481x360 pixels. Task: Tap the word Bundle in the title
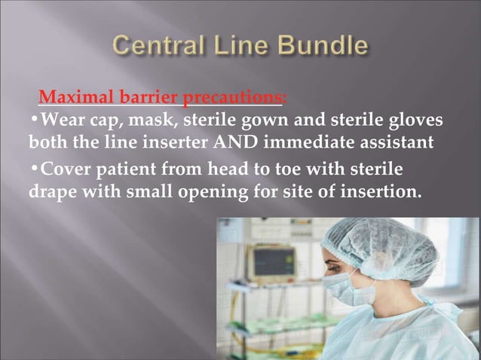pos(322,47)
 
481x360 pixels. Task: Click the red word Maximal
pos(72,98)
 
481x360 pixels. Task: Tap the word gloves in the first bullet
pos(414,120)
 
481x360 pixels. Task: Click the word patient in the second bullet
pos(124,168)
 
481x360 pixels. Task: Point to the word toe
pos(290,167)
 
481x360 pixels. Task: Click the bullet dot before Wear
pos(34,120)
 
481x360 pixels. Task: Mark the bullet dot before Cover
pos(34,167)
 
